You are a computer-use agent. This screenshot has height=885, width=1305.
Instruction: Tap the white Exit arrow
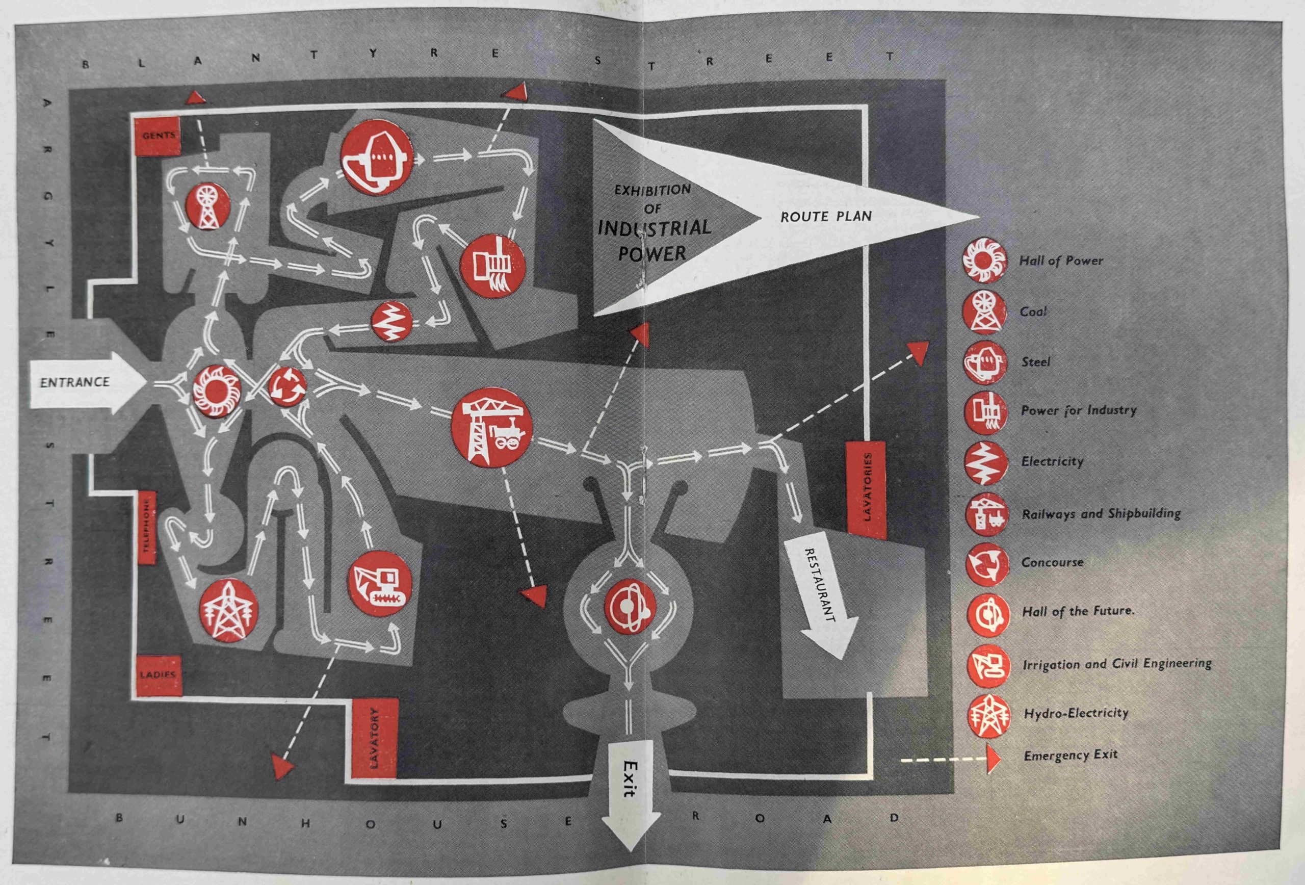[631, 786]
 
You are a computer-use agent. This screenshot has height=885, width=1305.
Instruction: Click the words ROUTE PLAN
[826, 217]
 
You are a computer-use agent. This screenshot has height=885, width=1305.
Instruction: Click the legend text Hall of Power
[1061, 261]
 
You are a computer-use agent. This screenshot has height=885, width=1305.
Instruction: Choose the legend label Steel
[1035, 362]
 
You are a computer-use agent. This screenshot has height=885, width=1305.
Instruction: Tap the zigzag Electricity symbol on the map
[392, 322]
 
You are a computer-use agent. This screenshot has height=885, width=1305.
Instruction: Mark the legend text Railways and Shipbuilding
[1101, 513]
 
